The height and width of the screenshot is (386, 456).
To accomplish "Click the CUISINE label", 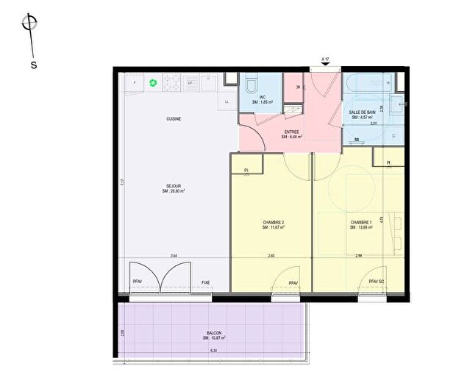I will [x=174, y=118].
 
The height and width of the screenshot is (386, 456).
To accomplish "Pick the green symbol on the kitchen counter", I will [x=153, y=82].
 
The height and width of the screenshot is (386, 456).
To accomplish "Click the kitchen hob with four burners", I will [x=172, y=82].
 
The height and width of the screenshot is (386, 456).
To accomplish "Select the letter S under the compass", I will [x=34, y=65].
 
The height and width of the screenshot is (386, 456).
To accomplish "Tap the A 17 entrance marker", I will [x=326, y=60].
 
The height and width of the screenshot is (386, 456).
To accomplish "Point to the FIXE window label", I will [x=205, y=282].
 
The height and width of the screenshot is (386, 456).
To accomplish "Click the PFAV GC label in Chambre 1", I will [x=377, y=282].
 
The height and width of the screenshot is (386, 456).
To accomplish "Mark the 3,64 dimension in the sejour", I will [x=174, y=255].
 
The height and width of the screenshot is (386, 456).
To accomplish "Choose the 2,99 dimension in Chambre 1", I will [x=358, y=255].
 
